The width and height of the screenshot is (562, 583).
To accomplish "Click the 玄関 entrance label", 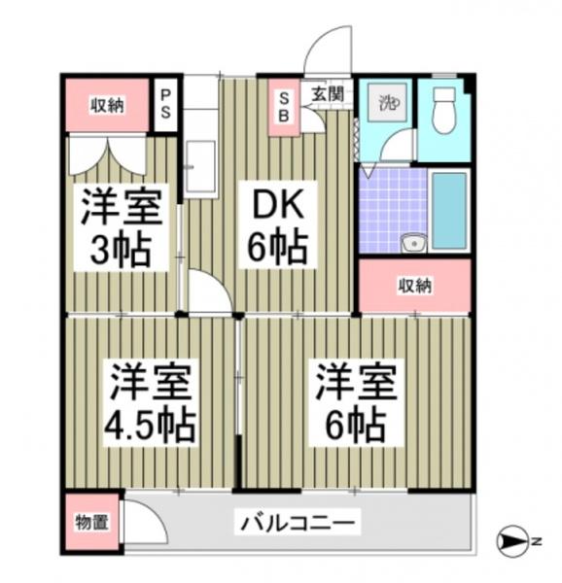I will [x=328, y=94].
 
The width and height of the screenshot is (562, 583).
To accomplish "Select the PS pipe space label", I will [x=166, y=104].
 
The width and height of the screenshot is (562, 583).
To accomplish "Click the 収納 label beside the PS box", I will [x=107, y=105].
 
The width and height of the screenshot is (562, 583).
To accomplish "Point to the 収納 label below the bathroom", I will [x=414, y=286].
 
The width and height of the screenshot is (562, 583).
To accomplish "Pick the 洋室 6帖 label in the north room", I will [x=354, y=403].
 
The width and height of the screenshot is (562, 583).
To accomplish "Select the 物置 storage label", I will [x=92, y=523].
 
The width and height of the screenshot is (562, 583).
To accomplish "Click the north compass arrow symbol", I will [x=513, y=540].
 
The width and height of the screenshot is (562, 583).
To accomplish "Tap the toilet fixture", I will [x=442, y=110].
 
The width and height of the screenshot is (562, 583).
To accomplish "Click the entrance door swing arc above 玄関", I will [x=327, y=51].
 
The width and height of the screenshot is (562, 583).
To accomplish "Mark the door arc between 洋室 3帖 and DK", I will [x=205, y=293].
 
